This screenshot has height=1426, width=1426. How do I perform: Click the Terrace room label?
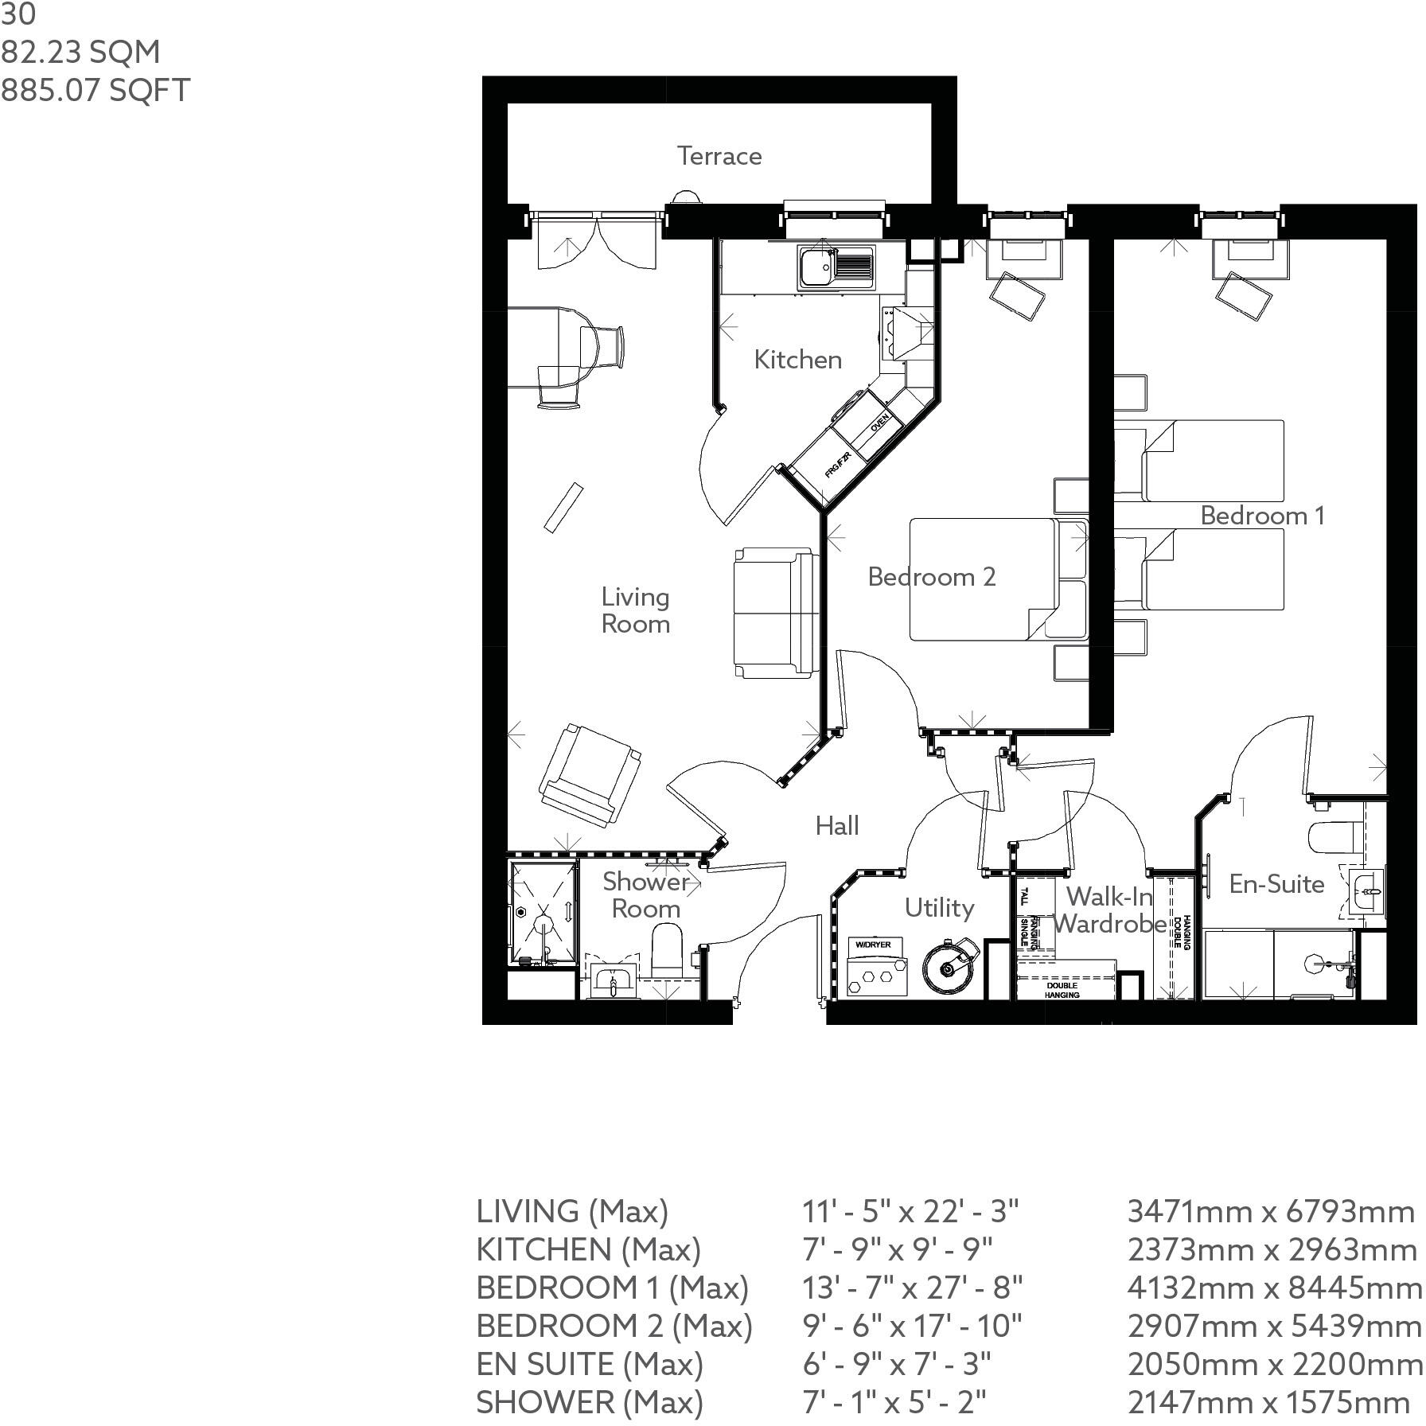(719, 156)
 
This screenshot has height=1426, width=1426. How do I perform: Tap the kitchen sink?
(836, 268)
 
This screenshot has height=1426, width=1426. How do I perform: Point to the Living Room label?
(635, 610)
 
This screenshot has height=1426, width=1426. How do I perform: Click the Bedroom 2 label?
(931, 577)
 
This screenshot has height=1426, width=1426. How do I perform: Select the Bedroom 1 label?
(1262, 516)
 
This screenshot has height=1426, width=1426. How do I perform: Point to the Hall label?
(836, 826)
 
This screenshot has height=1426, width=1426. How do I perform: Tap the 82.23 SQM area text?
(80, 53)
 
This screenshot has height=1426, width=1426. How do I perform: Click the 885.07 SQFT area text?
(95, 90)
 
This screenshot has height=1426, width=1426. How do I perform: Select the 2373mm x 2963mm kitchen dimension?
(1272, 1250)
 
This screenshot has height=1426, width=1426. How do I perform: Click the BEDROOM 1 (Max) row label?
(612, 1288)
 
